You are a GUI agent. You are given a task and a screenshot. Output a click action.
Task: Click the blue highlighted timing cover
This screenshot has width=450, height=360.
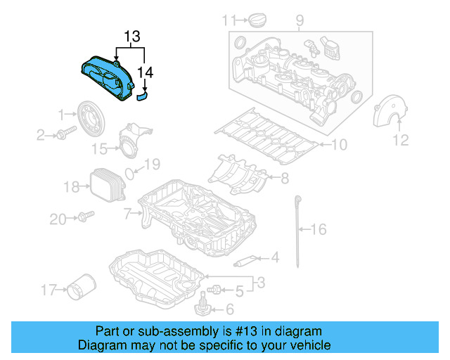[105, 79]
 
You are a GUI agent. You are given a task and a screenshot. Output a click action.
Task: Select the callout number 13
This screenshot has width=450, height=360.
[132, 36]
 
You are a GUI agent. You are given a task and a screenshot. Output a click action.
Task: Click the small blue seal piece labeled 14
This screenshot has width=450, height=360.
[142, 95]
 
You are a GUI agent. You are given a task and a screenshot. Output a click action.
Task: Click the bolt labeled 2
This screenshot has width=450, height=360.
[67, 134]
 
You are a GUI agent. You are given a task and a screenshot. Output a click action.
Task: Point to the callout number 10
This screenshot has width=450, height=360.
[339, 146]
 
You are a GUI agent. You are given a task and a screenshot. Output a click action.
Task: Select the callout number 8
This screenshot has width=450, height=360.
[285, 179]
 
